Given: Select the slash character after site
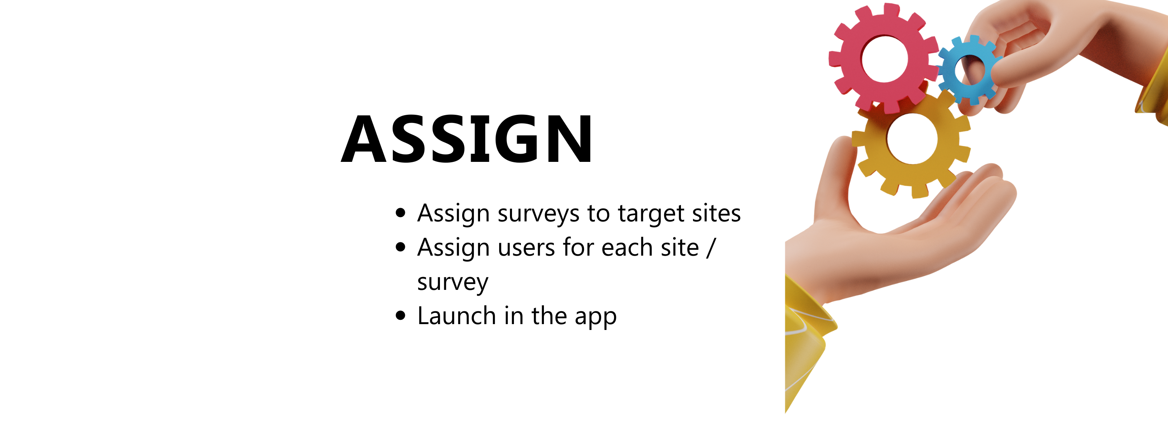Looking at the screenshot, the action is [711, 248].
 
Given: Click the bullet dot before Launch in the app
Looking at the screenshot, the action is [400, 316].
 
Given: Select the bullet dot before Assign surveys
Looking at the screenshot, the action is [400, 213].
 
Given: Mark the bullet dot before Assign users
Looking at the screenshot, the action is [400, 247].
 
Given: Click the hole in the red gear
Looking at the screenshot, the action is [885, 59].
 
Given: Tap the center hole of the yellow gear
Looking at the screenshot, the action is [911, 139].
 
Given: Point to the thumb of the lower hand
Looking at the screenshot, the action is [834, 181].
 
